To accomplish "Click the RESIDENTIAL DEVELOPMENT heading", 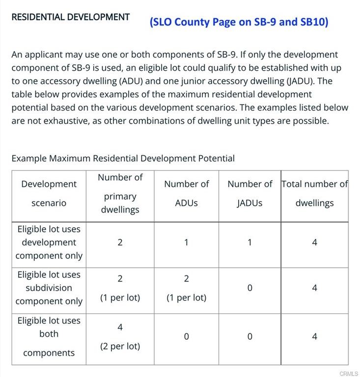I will coord(70,17).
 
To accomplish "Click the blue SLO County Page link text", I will coord(239,22).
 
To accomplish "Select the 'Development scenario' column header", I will coord(49,193).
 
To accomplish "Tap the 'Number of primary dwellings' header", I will coord(120,193).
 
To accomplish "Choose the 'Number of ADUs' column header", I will coord(186,193).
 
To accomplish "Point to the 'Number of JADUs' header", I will coord(249,193).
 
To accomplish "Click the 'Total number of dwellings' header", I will coord(314,193).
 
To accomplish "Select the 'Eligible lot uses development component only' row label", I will coord(49,242).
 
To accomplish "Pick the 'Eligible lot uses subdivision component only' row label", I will coord(49,288).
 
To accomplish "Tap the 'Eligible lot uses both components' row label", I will coord(49,336).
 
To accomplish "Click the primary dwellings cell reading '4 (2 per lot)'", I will coord(120,336).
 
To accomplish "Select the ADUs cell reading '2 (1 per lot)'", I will coord(186,288).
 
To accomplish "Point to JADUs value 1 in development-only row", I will coord(249,242).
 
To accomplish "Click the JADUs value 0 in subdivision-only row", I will coord(249,288).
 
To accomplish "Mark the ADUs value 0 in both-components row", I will coord(186,337).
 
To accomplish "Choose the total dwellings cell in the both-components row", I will coord(314,337).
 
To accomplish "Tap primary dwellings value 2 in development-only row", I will coord(120,242).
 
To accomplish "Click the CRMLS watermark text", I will coord(348,374).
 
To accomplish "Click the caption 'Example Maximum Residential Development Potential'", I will coord(123,159).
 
